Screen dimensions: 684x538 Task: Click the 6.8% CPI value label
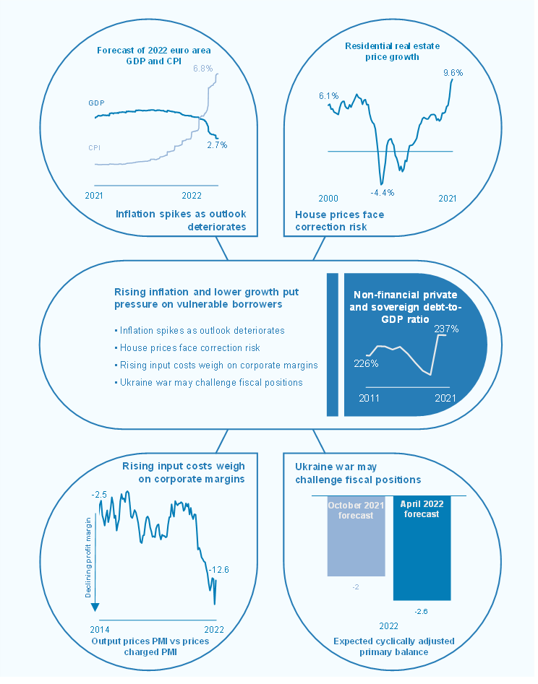coord(202,68)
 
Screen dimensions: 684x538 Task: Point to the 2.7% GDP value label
coord(217,144)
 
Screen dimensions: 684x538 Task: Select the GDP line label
coord(97,103)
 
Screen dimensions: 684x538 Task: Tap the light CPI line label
coord(94,147)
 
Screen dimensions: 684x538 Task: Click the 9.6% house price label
coord(453,73)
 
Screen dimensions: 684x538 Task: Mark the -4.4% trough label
coord(381,192)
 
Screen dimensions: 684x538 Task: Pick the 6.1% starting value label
coord(329,95)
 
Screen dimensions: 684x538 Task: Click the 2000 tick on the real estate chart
coord(328,198)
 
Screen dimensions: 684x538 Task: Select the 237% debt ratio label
coord(447,329)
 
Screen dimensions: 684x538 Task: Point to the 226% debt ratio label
coord(366,363)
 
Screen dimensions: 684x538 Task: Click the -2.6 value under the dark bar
coord(421,611)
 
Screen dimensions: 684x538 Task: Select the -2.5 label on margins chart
coord(99,494)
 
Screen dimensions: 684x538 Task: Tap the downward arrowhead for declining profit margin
coord(94,607)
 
